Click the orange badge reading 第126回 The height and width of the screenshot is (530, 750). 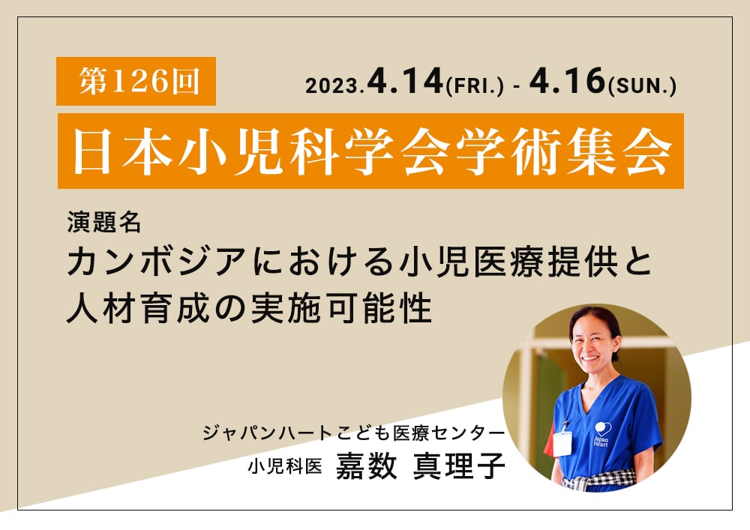click(136, 81)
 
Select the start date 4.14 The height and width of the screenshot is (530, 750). click(405, 80)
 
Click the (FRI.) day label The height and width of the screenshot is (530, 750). click(475, 86)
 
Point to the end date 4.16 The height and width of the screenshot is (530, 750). click(567, 80)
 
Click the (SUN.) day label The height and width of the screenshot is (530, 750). click(642, 86)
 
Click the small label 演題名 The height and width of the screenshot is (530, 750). click(103, 222)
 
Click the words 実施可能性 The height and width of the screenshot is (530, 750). click(341, 308)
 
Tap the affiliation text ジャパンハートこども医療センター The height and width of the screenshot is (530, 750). click(353, 433)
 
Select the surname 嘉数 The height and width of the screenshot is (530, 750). click(367, 466)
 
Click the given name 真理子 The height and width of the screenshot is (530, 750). click(459, 466)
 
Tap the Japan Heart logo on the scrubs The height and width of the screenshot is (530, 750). click(602, 434)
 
